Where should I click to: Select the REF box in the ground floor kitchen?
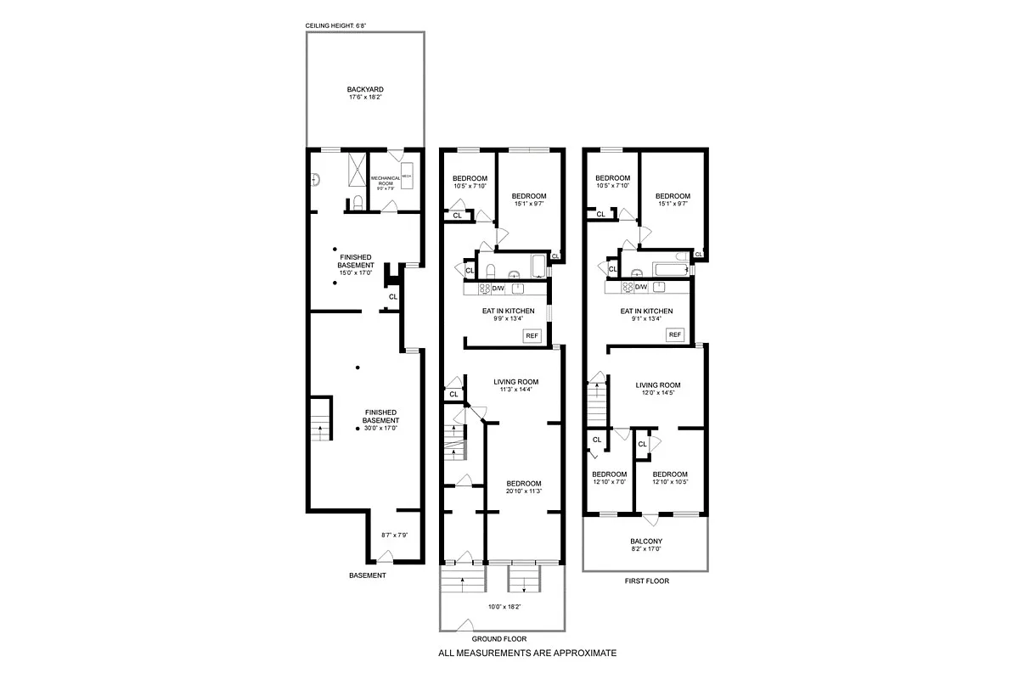533,335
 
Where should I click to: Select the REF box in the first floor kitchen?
675,334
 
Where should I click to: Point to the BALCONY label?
645,541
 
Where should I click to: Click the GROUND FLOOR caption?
502,639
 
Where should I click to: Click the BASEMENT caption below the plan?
368,575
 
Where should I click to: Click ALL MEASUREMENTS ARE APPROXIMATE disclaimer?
526,654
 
